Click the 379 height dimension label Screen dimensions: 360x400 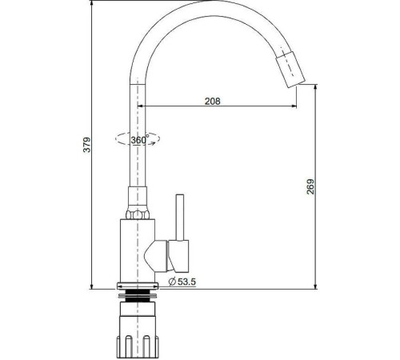click(x=87, y=144)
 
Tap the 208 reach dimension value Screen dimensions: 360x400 click(x=212, y=101)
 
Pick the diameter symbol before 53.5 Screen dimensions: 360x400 click(x=172, y=282)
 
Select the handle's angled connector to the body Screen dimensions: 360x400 click(x=162, y=255)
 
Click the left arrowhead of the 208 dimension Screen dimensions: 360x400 click(x=145, y=107)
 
